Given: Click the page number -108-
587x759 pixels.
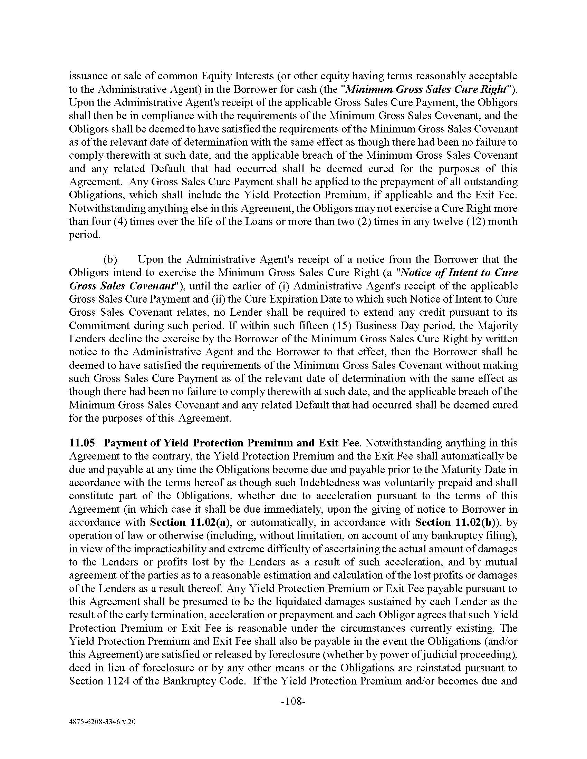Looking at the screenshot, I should coord(293,701).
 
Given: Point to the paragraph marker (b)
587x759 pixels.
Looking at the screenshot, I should coord(110,259).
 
